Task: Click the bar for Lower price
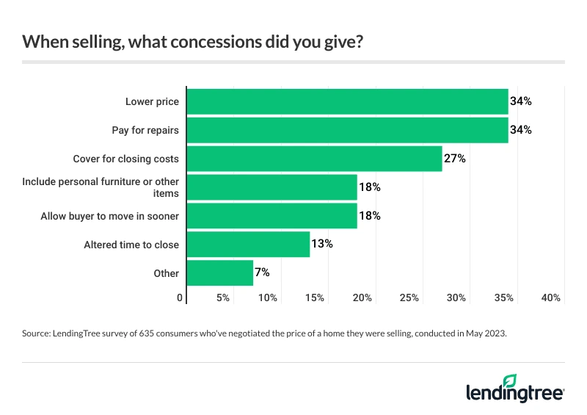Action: (x=348, y=101)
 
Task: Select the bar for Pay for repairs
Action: (x=348, y=130)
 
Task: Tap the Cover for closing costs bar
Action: (x=315, y=159)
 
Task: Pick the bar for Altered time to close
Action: (x=249, y=244)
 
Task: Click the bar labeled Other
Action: (x=220, y=273)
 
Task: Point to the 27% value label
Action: (x=455, y=159)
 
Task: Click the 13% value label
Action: (x=322, y=244)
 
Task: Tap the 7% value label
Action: (x=263, y=273)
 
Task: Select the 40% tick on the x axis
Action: (x=551, y=297)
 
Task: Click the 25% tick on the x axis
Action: (x=409, y=297)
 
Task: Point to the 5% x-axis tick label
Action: (x=223, y=297)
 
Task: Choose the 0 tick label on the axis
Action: (x=181, y=297)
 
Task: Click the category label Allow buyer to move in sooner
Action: (x=109, y=216)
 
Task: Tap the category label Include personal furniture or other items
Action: (x=101, y=187)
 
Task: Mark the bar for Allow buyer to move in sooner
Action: (x=272, y=216)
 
